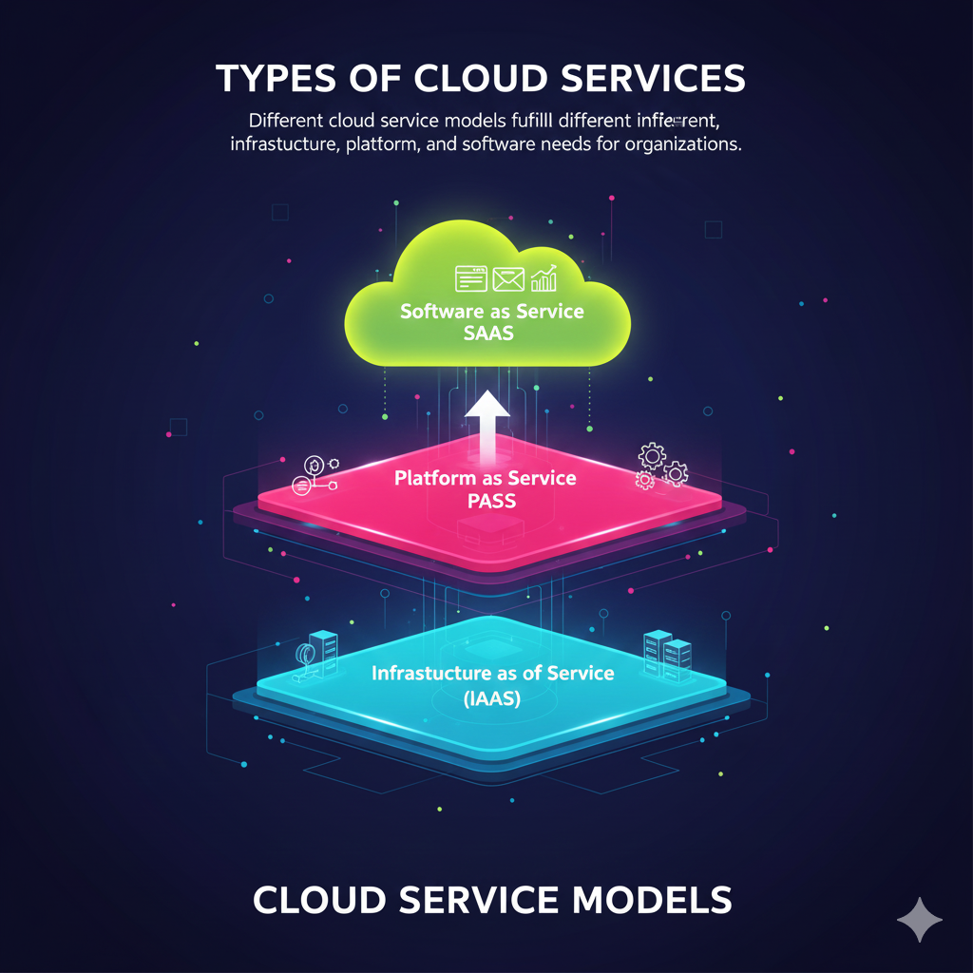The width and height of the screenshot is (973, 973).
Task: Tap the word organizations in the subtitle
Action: pyautogui.click(x=679, y=146)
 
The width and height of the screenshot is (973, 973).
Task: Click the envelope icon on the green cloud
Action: pyautogui.click(x=508, y=278)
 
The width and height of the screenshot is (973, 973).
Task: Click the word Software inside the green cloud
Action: pyautogui.click(x=441, y=312)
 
